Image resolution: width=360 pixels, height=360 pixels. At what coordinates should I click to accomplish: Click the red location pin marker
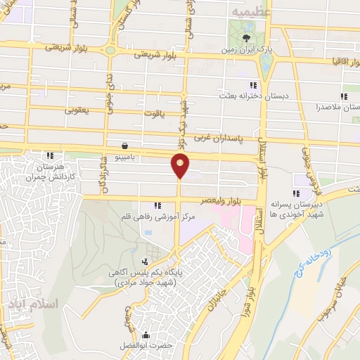pyautogui.click(x=180, y=166)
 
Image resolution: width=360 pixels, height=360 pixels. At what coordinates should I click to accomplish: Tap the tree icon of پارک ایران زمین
pyautogui.click(x=246, y=38)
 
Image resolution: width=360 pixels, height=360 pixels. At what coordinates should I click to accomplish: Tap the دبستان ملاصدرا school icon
pyautogui.click(x=344, y=96)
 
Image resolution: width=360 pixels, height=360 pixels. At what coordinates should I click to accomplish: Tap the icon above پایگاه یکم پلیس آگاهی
pyautogui.click(x=145, y=262)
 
